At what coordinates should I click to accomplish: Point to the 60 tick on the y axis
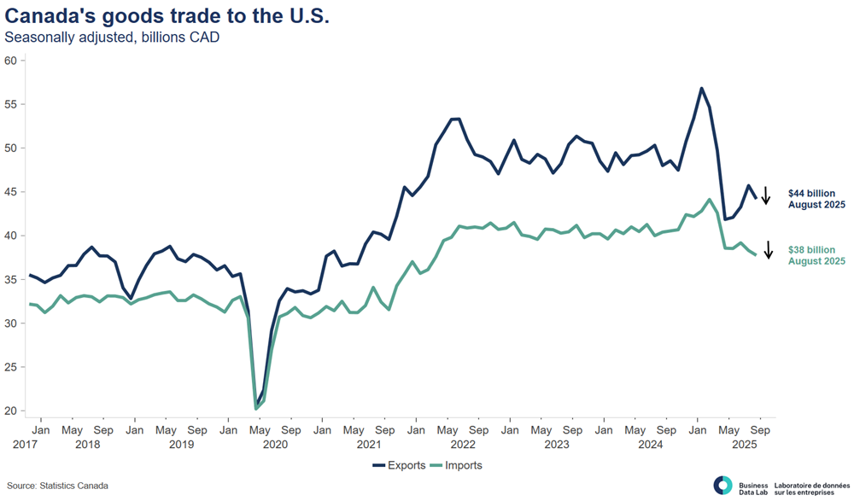(11, 61)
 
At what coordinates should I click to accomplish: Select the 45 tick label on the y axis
(11, 192)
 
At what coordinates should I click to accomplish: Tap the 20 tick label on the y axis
(11, 411)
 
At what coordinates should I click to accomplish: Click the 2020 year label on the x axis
(275, 444)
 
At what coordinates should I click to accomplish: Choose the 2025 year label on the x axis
(745, 444)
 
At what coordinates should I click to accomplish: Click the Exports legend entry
(401, 465)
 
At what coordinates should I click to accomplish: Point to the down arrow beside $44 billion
(766, 195)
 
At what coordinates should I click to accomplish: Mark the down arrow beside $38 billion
(768, 250)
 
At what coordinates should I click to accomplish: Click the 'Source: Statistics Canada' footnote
(58, 486)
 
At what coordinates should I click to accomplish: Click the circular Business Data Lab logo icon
(722, 485)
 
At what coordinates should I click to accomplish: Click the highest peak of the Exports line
(701, 88)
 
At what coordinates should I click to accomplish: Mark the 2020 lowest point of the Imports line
(256, 409)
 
